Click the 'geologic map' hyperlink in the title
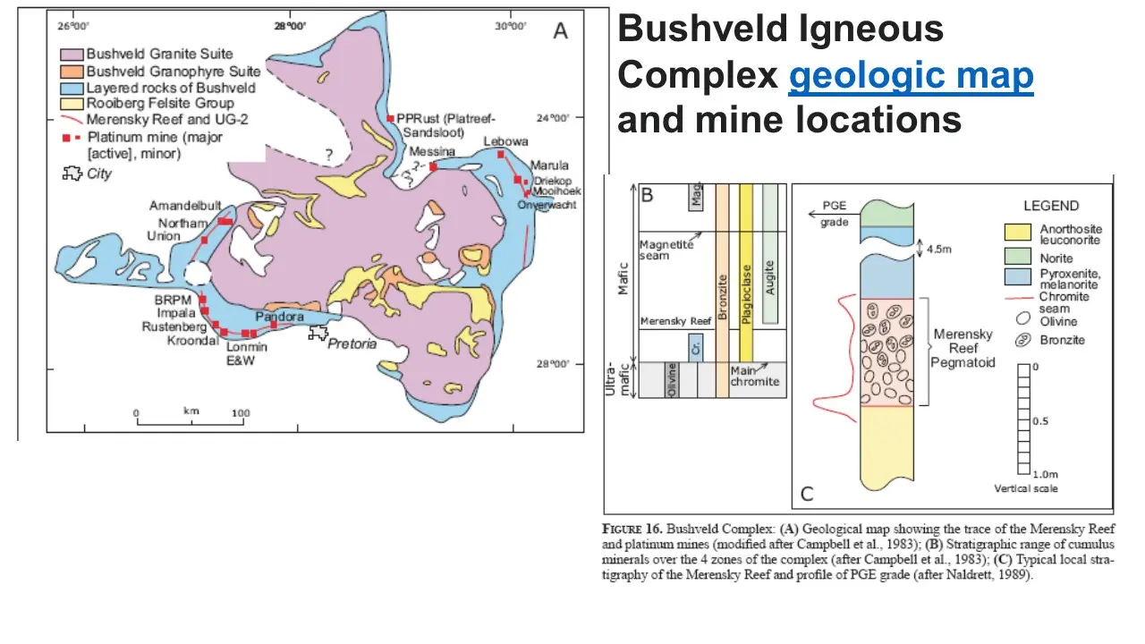pos(911,77)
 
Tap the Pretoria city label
pos(352,343)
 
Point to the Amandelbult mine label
pos(185,206)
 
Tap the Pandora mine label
pos(279,318)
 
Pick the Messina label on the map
pos(433,152)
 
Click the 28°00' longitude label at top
pos(292,26)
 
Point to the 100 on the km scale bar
pos(241,413)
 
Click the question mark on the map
pos(329,156)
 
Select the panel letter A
pos(561,32)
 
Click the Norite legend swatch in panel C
pos(1020,258)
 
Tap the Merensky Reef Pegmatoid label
pos(963,348)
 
